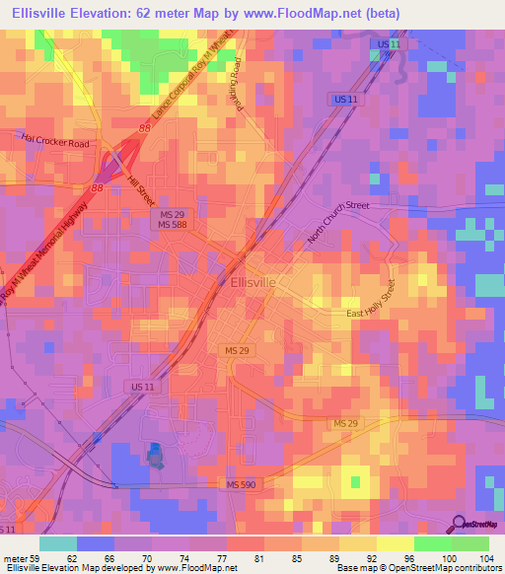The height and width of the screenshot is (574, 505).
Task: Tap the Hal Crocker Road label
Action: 57,143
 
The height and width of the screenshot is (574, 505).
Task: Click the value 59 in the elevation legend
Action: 38,558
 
